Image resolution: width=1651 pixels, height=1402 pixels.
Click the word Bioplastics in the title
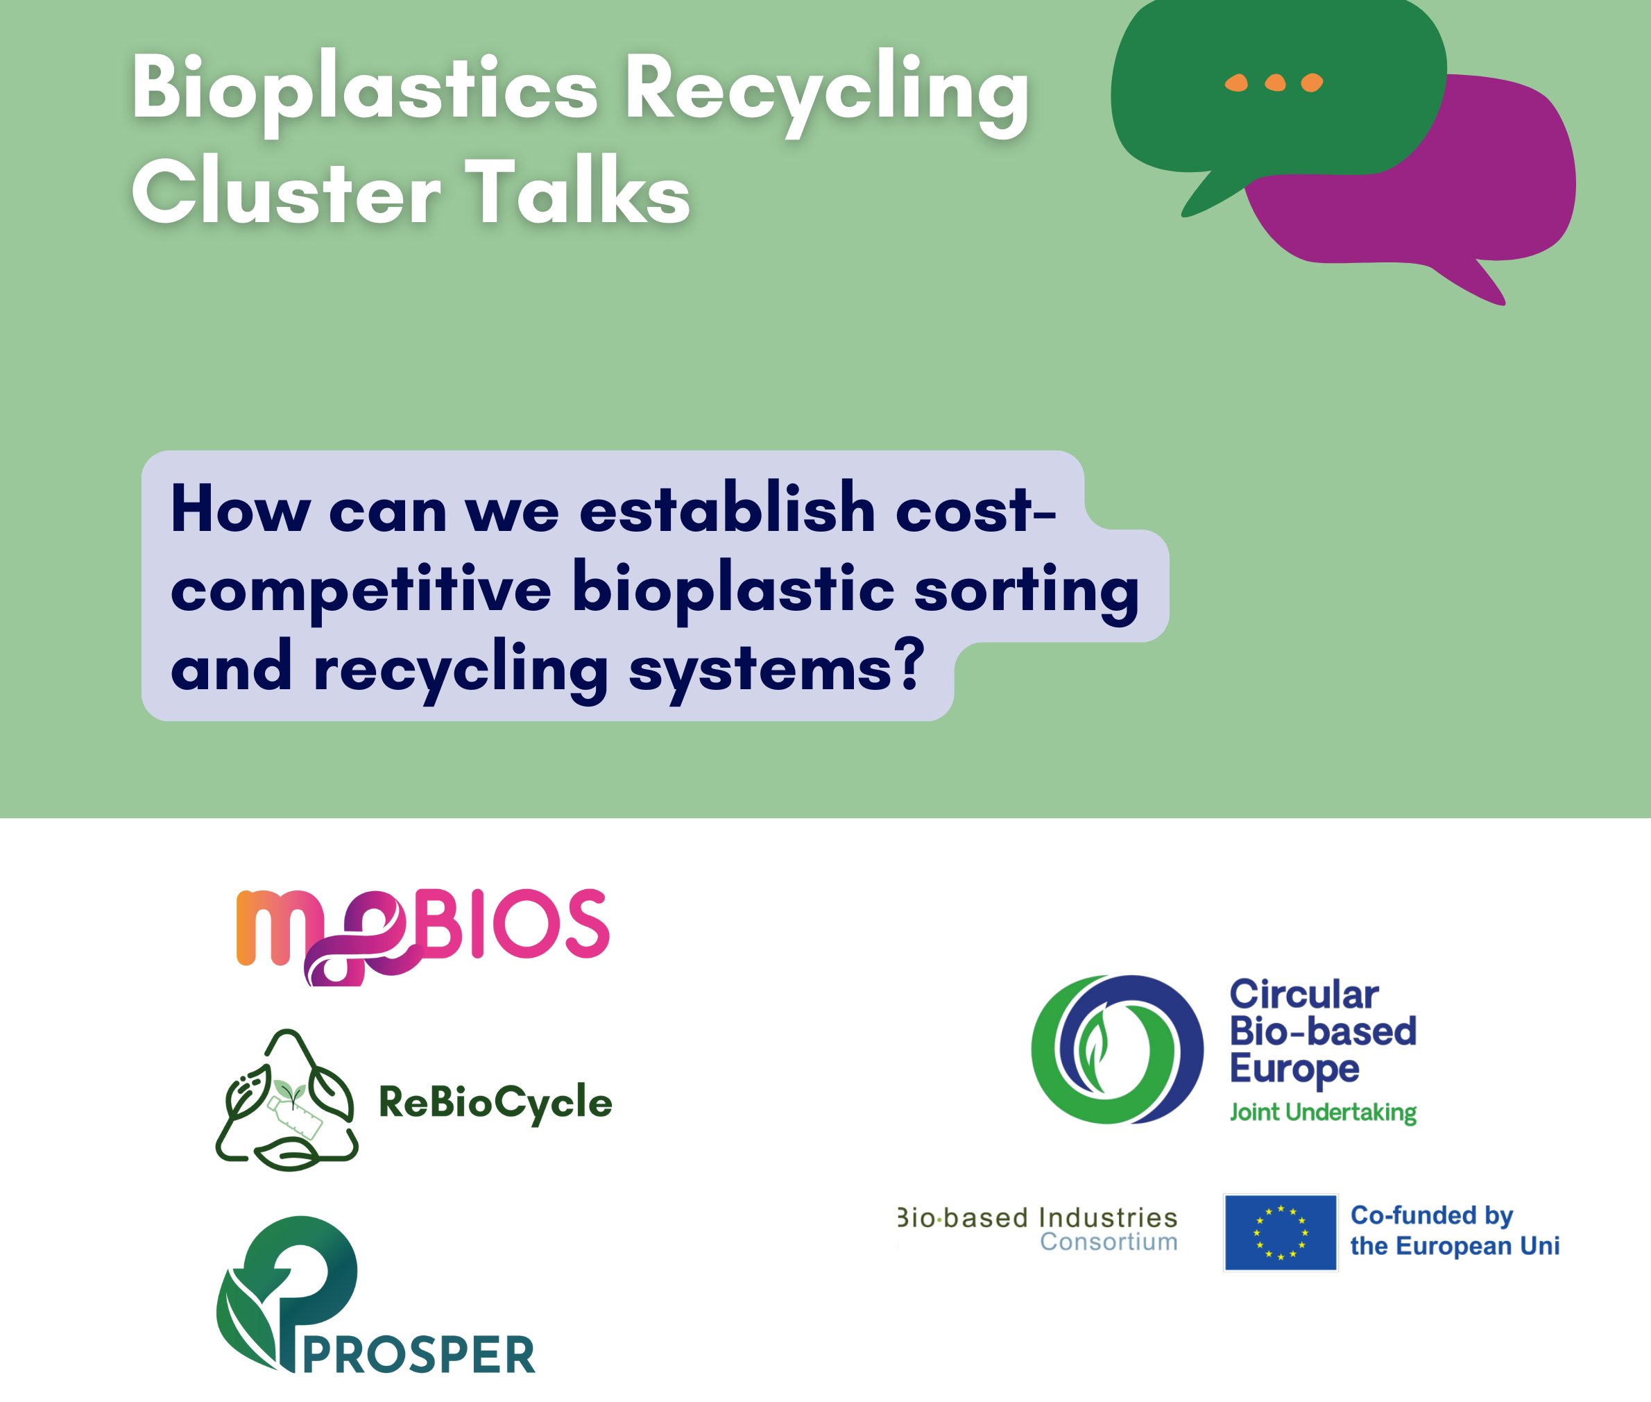[x=365, y=90]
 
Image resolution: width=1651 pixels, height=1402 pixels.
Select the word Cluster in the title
[x=286, y=191]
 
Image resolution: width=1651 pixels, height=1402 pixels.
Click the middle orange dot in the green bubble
[x=1275, y=83]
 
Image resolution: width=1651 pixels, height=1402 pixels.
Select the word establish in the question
[x=727, y=508]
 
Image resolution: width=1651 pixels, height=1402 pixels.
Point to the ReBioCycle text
[x=495, y=1102]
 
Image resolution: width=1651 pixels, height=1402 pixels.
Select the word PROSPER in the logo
[x=419, y=1355]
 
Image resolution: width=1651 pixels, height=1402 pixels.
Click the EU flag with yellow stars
[x=1280, y=1233]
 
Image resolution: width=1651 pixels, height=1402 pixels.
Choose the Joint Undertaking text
[x=1323, y=1112]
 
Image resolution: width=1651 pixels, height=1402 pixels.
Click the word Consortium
[x=1109, y=1242]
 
